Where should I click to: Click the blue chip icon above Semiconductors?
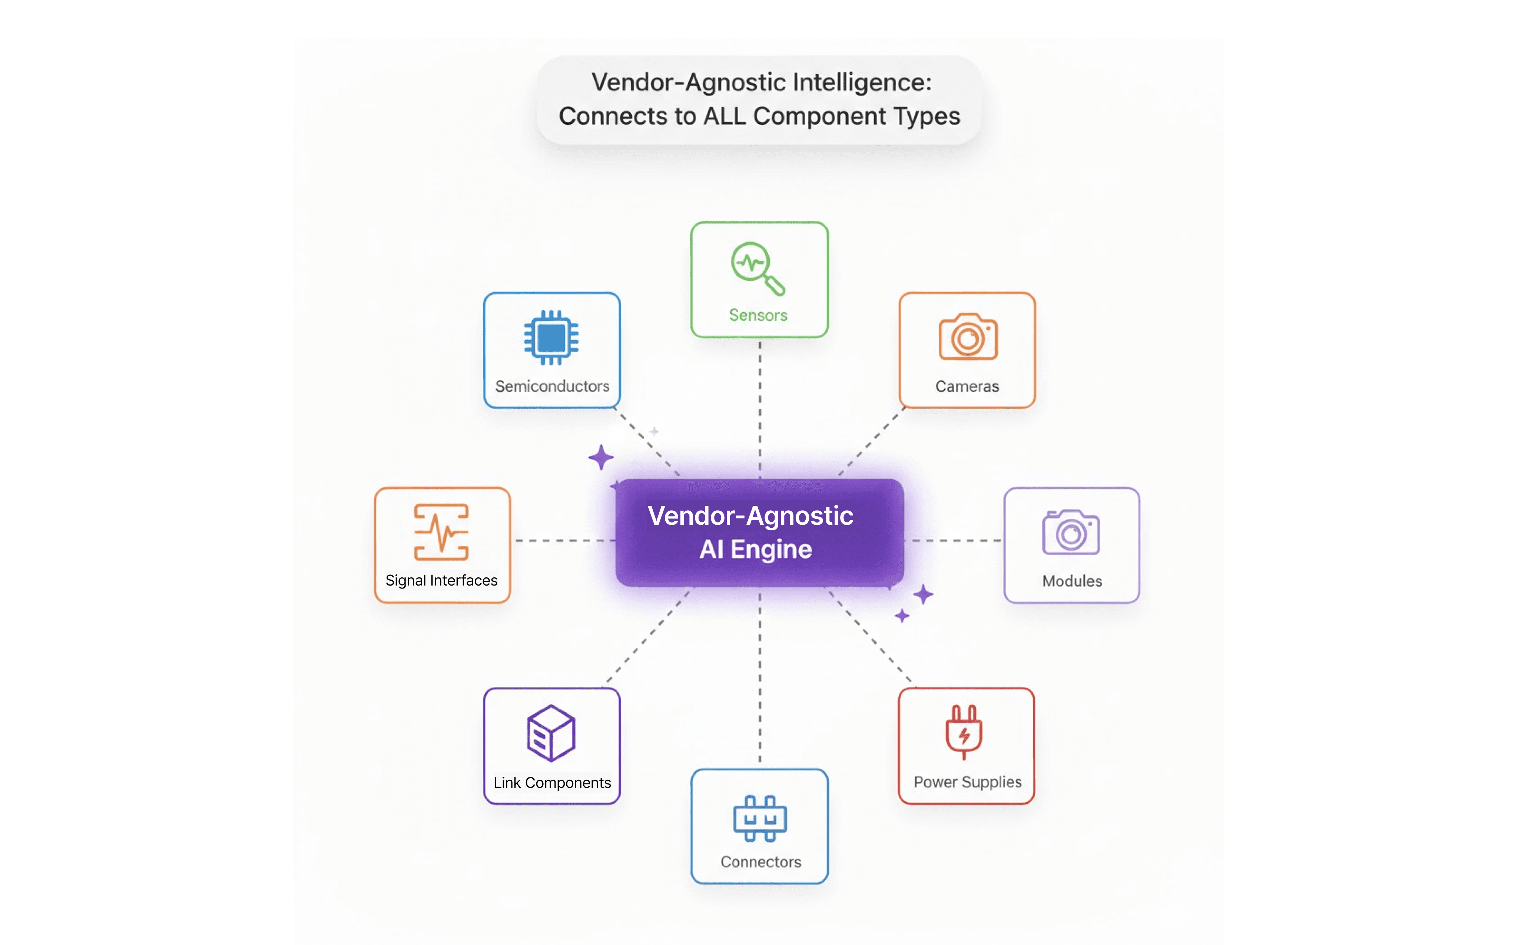click(x=551, y=338)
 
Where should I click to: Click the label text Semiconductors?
click(x=552, y=386)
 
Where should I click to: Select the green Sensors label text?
click(x=758, y=315)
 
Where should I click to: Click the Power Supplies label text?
click(x=967, y=782)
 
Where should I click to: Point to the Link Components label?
click(x=552, y=783)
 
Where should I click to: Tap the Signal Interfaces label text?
click(x=441, y=581)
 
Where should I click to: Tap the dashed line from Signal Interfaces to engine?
click(x=563, y=540)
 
